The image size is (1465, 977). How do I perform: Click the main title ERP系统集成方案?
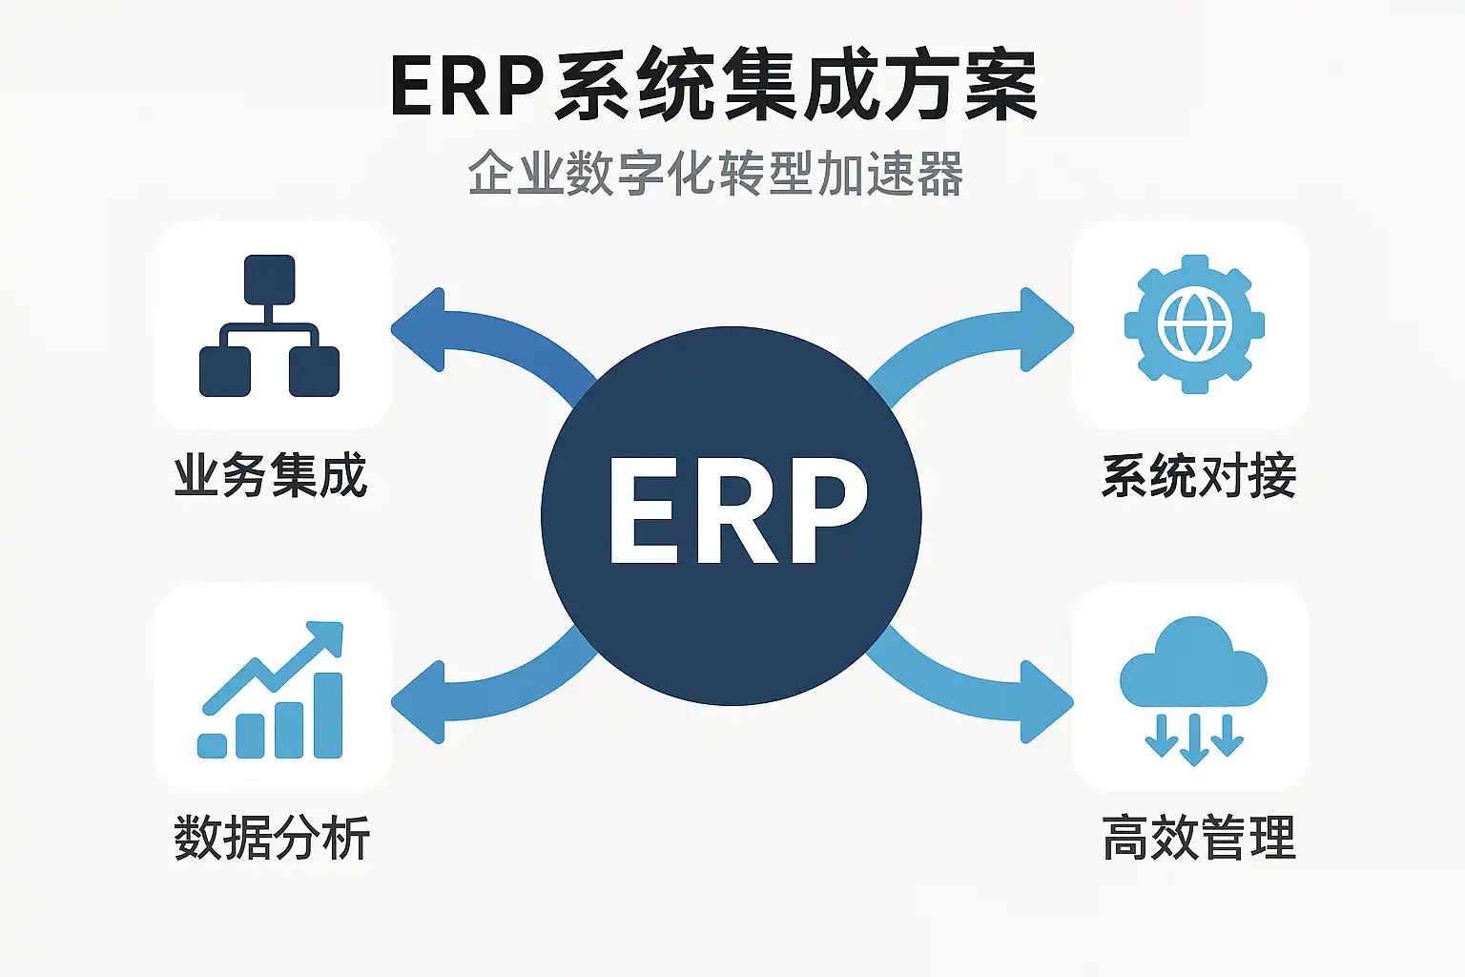[713, 88]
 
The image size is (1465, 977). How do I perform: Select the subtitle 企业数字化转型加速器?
[715, 174]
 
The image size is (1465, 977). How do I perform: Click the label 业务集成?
[270, 475]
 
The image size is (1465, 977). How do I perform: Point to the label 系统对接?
[1198, 475]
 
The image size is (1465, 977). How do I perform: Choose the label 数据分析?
[272, 839]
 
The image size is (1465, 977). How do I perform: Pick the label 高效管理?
[1198, 839]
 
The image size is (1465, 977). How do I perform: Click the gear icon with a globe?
[1193, 324]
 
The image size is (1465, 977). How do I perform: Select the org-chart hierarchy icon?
[270, 325]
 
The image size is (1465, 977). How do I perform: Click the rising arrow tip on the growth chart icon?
[327, 636]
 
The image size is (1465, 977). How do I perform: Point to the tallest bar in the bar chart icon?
[328, 715]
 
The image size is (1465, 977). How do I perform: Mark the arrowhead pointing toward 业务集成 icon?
[418, 329]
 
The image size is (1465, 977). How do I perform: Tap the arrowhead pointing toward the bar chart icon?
[418, 701]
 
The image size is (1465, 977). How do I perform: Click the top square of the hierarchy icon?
[270, 280]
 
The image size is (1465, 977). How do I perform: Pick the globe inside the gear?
[1193, 324]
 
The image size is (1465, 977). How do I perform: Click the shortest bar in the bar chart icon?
[212, 745]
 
